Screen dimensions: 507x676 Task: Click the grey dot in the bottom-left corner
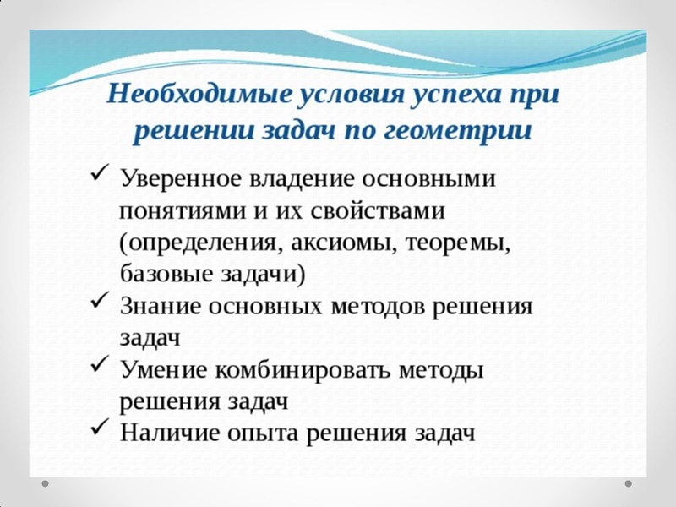point(46,484)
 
